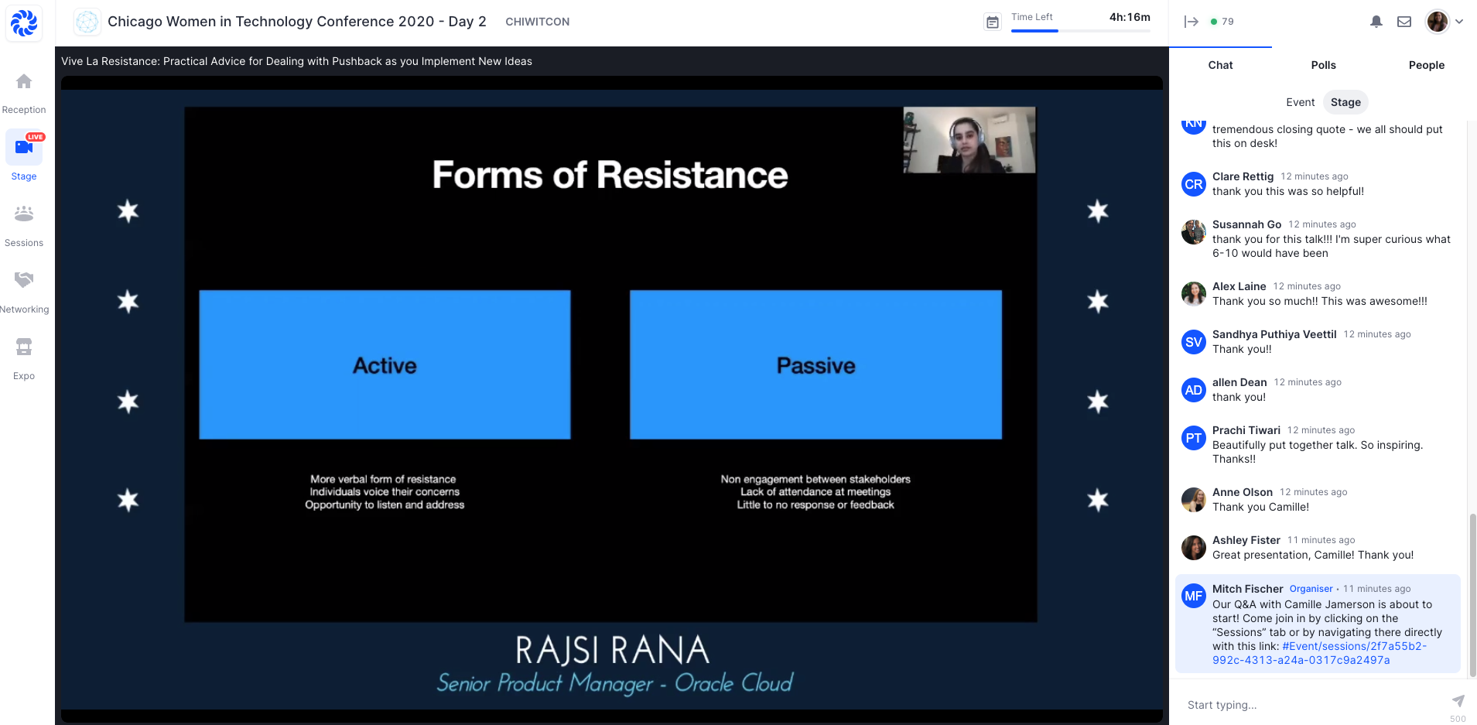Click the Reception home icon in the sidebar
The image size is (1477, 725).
click(x=24, y=81)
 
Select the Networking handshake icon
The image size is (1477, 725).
click(x=24, y=279)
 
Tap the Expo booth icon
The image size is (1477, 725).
click(x=24, y=347)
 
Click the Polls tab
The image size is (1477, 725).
click(x=1323, y=65)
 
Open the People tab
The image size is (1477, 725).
click(x=1426, y=65)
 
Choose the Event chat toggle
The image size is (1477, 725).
click(x=1300, y=102)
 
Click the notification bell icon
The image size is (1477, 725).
click(x=1376, y=22)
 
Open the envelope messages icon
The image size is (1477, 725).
click(x=1404, y=22)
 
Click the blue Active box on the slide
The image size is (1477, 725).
click(x=385, y=364)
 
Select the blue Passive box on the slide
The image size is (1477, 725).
click(x=815, y=364)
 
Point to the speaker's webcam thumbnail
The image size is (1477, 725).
click(x=969, y=140)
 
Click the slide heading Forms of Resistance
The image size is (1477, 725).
click(x=610, y=175)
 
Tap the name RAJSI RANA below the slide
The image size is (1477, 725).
click(x=612, y=650)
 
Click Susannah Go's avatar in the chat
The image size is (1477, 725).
click(x=1194, y=232)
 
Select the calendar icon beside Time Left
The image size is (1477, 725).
click(x=992, y=22)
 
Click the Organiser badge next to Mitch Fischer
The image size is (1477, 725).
click(x=1311, y=589)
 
